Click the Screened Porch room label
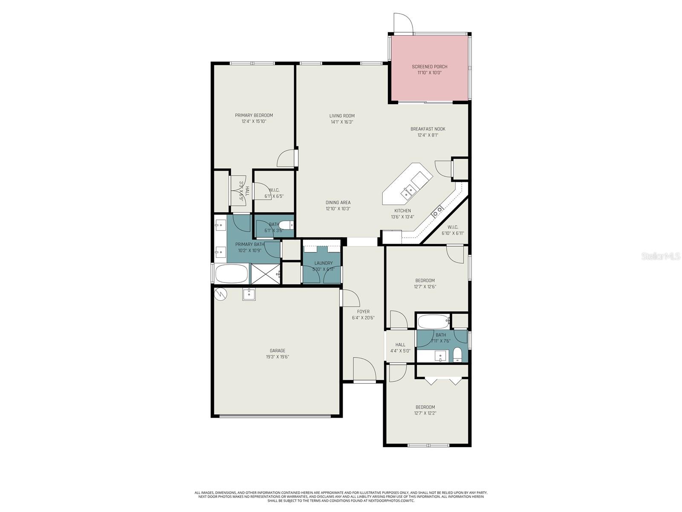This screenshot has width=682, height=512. [429, 67]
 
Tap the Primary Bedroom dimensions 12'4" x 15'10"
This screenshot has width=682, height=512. [254, 121]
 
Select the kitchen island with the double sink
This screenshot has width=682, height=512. [407, 183]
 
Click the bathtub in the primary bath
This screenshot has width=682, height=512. [231, 274]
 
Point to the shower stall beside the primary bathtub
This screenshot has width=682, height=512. [266, 274]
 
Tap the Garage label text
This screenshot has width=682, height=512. [277, 351]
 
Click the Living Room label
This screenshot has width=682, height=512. [342, 116]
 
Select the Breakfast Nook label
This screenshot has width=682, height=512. [428, 129]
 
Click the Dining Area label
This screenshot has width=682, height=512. [338, 203]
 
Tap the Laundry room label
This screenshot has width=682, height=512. [323, 263]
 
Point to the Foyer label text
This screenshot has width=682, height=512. [363, 311]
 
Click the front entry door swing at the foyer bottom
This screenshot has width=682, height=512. [364, 369]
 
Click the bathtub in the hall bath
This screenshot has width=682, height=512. [433, 320]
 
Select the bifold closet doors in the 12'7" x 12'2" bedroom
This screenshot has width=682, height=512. [444, 381]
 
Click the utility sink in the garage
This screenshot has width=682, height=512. [249, 294]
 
